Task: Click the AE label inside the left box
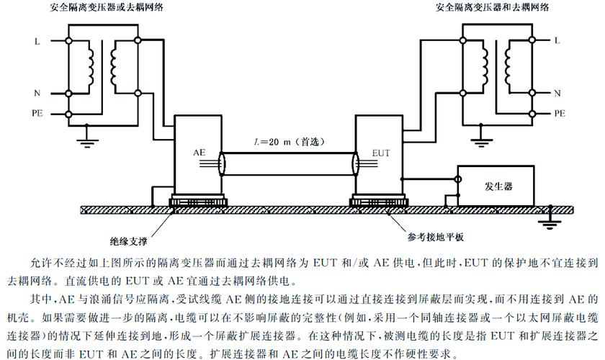pyautogui.click(x=199, y=153)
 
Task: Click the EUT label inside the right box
pyautogui.click(x=381, y=153)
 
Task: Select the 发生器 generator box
pyautogui.click(x=496, y=186)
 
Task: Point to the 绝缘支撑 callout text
pyautogui.click(x=128, y=241)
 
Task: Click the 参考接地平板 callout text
pyautogui.click(x=436, y=237)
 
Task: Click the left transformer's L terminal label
pyautogui.click(x=37, y=41)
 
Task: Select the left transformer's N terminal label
pyautogui.click(x=37, y=93)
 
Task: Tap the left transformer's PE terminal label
pyautogui.click(x=37, y=114)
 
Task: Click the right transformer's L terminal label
pyautogui.click(x=556, y=40)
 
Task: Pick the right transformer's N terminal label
pyautogui.click(x=557, y=93)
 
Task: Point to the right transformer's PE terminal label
pyautogui.click(x=560, y=114)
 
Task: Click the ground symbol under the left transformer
pyautogui.click(x=87, y=142)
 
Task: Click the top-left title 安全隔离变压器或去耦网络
pyautogui.click(x=107, y=7)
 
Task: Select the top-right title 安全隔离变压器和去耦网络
pyautogui.click(x=492, y=7)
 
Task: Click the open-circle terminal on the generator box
pyautogui.click(x=457, y=179)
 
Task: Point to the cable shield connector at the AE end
pyautogui.click(x=222, y=163)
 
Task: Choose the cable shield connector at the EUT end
pyautogui.click(x=355, y=163)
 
